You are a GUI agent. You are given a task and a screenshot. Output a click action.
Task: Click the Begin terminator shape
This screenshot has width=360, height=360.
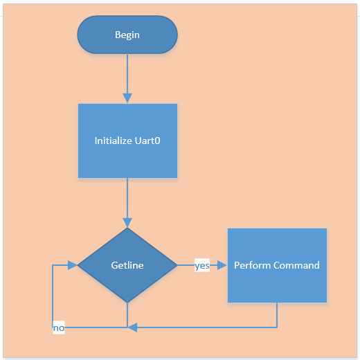[127, 35]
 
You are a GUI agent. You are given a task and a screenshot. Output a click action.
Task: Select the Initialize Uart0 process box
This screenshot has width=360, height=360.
[127, 141]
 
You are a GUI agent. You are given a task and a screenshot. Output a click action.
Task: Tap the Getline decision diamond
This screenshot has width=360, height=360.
[127, 265]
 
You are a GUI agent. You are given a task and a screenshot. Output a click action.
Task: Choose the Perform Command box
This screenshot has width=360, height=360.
[277, 265]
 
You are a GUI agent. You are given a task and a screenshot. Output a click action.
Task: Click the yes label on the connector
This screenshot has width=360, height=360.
[202, 265]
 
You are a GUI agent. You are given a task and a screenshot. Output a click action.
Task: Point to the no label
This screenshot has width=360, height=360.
[59, 327]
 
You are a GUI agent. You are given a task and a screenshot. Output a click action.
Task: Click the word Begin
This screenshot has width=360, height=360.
[127, 35]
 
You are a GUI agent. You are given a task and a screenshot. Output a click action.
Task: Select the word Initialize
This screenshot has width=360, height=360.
[113, 141]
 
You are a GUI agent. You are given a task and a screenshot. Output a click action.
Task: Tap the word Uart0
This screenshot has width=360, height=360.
[147, 141]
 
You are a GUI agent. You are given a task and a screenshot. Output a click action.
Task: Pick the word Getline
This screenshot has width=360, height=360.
[127, 265]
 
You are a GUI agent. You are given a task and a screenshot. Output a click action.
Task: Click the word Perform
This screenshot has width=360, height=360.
[252, 265]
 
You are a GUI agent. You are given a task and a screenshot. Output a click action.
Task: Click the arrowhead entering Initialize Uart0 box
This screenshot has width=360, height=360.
[127, 98]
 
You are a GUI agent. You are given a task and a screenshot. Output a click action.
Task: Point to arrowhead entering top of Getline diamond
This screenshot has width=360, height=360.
[127, 223]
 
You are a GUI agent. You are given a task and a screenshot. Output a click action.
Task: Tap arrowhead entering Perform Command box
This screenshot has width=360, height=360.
[222, 265]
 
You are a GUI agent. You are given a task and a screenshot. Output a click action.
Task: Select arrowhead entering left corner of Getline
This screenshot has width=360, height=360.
[72, 265]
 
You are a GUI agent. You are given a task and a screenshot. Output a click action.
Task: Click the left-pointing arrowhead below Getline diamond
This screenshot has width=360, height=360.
[132, 327]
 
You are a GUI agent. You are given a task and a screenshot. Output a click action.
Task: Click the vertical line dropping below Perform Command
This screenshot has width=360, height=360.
[277, 315]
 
